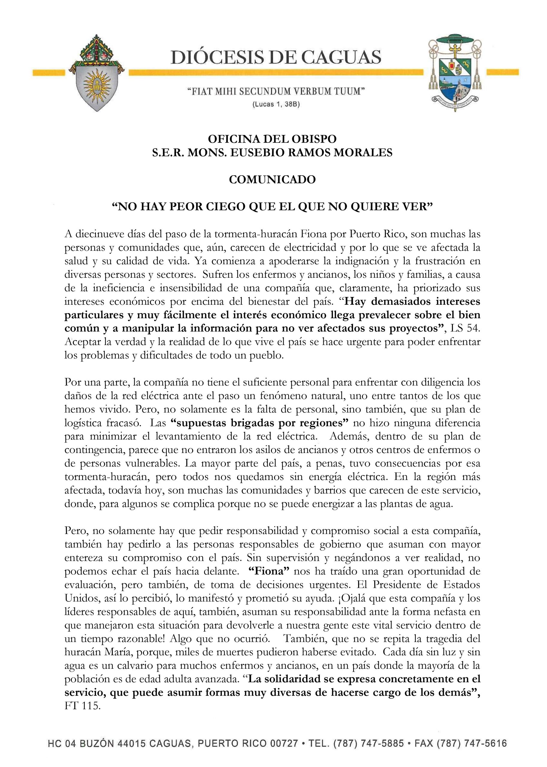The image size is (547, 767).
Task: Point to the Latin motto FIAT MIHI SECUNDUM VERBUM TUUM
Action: click(276, 92)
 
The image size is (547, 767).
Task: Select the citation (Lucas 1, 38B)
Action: click(276, 105)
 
